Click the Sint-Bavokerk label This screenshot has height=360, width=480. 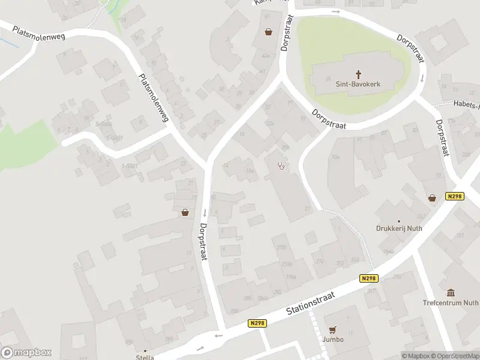(x=359, y=85)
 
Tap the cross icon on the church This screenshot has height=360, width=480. (x=359, y=74)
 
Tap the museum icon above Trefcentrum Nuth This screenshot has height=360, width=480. (x=451, y=293)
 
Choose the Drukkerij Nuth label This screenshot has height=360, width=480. (x=398, y=229)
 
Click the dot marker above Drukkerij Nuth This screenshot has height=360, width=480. (x=398, y=221)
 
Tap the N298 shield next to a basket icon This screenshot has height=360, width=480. (x=455, y=196)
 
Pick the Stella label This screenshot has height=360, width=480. (x=145, y=358)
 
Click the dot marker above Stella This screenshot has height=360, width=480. (x=145, y=350)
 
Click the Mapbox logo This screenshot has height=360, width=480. (x=26, y=353)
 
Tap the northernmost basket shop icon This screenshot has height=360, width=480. (x=268, y=32)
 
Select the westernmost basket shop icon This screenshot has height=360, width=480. (x=185, y=212)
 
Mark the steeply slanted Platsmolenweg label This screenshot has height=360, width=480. (x=153, y=98)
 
